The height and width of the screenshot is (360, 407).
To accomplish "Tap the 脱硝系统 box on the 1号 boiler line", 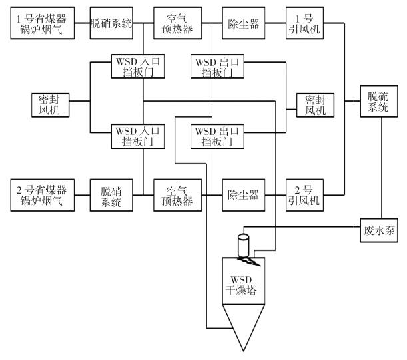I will point(111,23).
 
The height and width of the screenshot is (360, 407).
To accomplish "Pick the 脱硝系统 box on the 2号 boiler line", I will point(111,194).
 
